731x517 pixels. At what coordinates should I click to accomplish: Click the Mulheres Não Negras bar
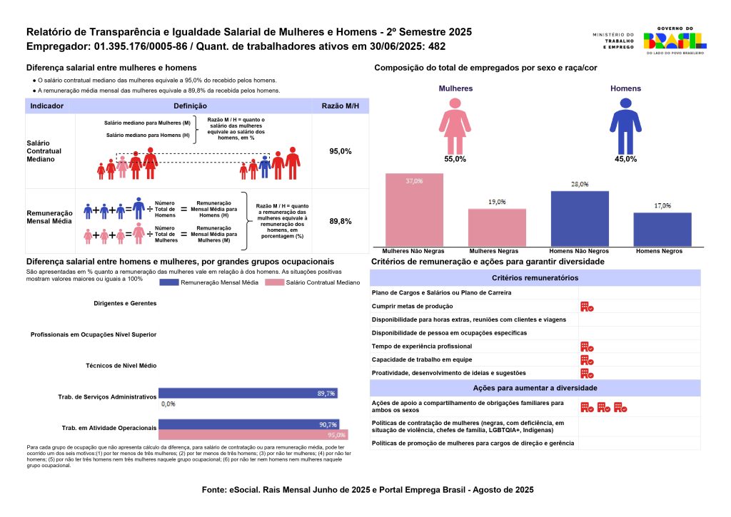[x=414, y=210]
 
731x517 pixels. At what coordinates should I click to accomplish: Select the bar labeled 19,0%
[x=497, y=227]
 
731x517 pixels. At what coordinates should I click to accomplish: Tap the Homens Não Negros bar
[x=580, y=218]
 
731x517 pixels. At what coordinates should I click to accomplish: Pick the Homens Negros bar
[x=662, y=229]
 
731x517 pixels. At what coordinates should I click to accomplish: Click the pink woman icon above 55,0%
[x=455, y=126]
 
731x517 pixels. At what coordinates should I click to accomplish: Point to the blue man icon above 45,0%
[x=625, y=126]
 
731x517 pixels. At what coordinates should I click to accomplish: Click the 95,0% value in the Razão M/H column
[x=340, y=152]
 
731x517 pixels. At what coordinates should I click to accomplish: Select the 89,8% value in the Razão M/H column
[x=340, y=222]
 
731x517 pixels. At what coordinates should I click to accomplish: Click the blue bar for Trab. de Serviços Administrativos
[x=248, y=393]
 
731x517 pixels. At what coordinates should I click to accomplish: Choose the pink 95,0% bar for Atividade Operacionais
[x=253, y=434]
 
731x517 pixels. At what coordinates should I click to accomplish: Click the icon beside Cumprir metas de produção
[x=587, y=306]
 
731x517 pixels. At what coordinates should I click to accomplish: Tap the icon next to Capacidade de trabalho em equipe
[x=587, y=359]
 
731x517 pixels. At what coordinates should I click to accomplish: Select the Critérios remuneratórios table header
[x=535, y=278]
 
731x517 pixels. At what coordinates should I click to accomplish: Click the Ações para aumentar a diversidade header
[x=535, y=388]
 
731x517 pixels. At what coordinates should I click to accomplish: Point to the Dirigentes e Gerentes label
[x=125, y=303]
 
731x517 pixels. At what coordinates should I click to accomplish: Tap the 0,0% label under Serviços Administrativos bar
[x=168, y=404]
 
